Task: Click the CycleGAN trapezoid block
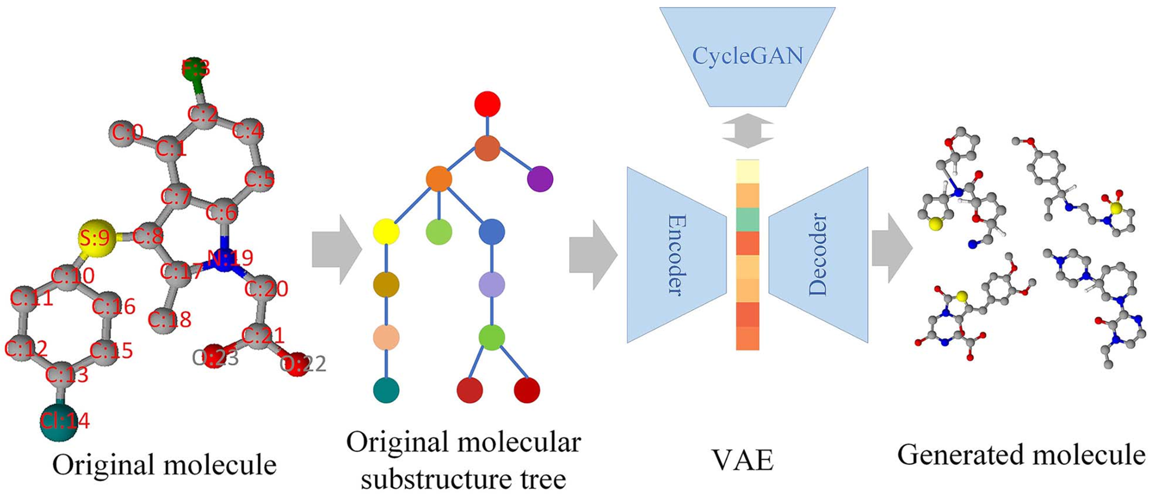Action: pyautogui.click(x=747, y=56)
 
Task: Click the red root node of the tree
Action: pyautogui.click(x=487, y=104)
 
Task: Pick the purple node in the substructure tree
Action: pyautogui.click(x=540, y=179)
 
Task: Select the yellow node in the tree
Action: pyautogui.click(x=386, y=232)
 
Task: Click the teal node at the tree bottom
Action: pyautogui.click(x=386, y=390)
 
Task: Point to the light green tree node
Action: pyautogui.click(x=439, y=232)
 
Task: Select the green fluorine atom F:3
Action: pyautogui.click(x=194, y=69)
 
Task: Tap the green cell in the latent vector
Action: pyautogui.click(x=747, y=219)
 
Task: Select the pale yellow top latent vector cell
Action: pyautogui.click(x=747, y=171)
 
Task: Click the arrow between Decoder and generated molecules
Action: pyautogui.click(x=891, y=248)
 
